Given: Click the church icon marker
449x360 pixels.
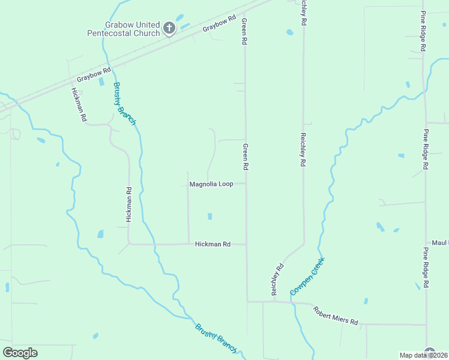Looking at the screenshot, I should pyautogui.click(x=169, y=28).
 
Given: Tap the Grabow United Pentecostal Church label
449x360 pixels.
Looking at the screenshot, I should pyautogui.click(x=124, y=29).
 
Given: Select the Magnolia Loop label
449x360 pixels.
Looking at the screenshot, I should pyautogui.click(x=211, y=184).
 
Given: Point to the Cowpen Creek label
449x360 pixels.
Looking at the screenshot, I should pyautogui.click(x=307, y=276).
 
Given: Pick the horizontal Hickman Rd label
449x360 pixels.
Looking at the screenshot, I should pyautogui.click(x=213, y=244).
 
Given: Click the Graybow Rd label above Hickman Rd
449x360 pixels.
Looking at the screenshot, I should pyautogui.click(x=94, y=75).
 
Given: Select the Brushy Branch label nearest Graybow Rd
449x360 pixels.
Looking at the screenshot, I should pyautogui.click(x=125, y=103).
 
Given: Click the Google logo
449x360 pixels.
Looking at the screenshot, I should pyautogui.click(x=20, y=353).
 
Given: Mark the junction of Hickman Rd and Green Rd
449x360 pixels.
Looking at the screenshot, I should pyautogui.click(x=246, y=244).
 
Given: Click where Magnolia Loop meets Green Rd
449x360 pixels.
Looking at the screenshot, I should pyautogui.click(x=246, y=184).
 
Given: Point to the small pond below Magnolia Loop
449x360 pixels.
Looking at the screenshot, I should pyautogui.click(x=209, y=216).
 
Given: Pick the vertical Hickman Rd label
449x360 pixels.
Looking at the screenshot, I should pyautogui.click(x=128, y=205).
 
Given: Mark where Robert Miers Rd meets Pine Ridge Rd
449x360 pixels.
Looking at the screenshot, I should pyautogui.click(x=426, y=325).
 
